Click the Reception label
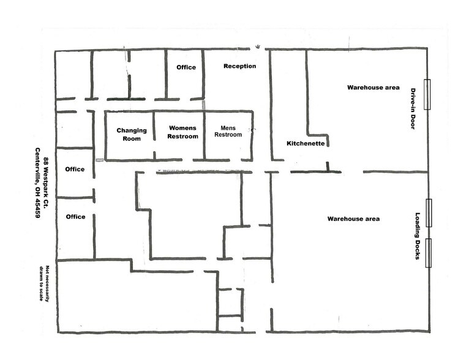[x=239, y=66]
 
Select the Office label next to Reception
[x=186, y=67]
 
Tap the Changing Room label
[x=131, y=135]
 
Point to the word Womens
[x=183, y=127]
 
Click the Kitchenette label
[x=304, y=143]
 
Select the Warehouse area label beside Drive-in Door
[x=373, y=88]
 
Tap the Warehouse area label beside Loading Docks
[x=353, y=219]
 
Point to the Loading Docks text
[x=418, y=236]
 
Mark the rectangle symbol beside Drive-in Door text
[x=428, y=95]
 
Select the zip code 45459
[x=37, y=209]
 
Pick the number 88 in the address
[x=46, y=161]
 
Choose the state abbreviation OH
[x=37, y=192]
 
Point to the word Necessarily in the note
[x=47, y=283]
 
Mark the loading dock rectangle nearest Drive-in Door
[x=429, y=213]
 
